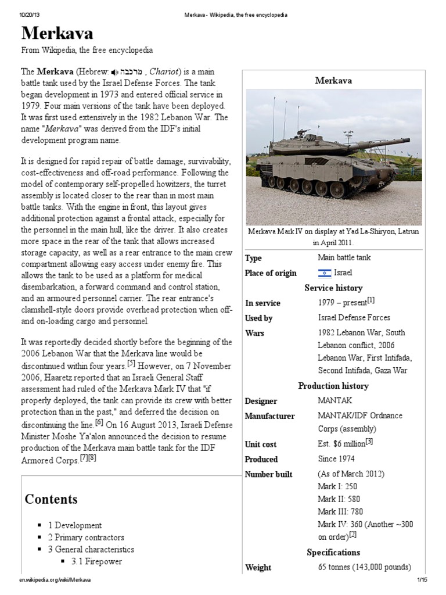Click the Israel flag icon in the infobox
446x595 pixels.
[x=324, y=273]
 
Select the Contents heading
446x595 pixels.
[x=51, y=499]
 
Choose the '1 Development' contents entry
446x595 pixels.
[x=75, y=525]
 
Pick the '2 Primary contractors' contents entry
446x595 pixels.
[x=86, y=537]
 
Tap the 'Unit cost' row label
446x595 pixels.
[x=261, y=445]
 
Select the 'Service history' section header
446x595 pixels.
[x=333, y=288]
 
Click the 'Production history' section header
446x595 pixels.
[x=333, y=386]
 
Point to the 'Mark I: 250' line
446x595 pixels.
[x=338, y=487]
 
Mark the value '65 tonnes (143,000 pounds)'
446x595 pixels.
[x=364, y=567]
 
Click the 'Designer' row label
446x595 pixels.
[x=261, y=401]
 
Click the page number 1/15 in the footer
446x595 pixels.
[x=422, y=580]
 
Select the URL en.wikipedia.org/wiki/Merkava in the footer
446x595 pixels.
[x=55, y=580]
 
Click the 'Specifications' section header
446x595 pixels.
[x=333, y=552]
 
